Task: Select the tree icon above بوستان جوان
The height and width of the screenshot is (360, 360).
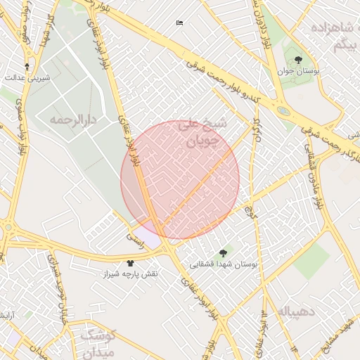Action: pyautogui.click(x=298, y=60)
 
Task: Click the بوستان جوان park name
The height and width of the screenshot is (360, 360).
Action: pyautogui.click(x=298, y=72)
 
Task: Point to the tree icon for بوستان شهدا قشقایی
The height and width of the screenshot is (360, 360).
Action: pyautogui.click(x=224, y=252)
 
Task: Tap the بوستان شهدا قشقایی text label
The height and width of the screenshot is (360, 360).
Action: pyautogui.click(x=224, y=264)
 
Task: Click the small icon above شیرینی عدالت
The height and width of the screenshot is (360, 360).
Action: pyautogui.click(x=27, y=67)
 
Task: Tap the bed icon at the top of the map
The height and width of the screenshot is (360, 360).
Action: pyautogui.click(x=179, y=23)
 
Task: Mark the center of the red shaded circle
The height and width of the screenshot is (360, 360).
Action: pyautogui.click(x=180, y=180)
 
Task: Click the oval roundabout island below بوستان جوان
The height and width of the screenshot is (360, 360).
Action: pyautogui.click(x=283, y=110)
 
